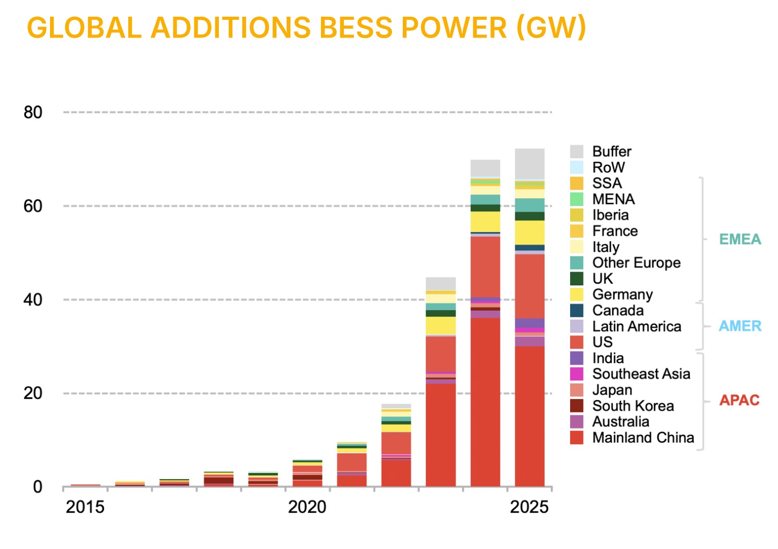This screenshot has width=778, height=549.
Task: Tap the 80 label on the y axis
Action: [x=33, y=112]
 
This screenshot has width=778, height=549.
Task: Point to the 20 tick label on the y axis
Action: [x=33, y=393]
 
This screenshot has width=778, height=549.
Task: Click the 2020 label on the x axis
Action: [x=307, y=507]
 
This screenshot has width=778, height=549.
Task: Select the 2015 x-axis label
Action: [x=85, y=507]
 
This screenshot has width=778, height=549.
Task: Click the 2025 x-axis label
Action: [x=529, y=507]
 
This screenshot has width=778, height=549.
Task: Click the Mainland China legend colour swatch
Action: [x=576, y=437]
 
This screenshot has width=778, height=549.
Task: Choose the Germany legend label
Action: [x=622, y=295]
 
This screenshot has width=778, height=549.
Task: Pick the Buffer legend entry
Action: [x=612, y=152]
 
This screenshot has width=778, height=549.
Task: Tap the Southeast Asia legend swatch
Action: [x=576, y=374]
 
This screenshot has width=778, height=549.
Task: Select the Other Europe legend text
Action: [x=636, y=263]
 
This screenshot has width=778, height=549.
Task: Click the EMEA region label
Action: [x=740, y=239]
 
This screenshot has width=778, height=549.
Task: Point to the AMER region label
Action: [x=740, y=326]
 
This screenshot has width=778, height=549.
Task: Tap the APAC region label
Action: [x=739, y=400]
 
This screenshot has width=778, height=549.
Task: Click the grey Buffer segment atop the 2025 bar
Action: [x=529, y=164]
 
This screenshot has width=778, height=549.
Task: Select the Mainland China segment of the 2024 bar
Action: [x=485, y=401]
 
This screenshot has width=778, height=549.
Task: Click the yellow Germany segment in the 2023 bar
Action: [x=440, y=325]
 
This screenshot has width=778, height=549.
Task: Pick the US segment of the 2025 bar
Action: [x=529, y=286]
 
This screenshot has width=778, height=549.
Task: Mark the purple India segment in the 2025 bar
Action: [x=529, y=323]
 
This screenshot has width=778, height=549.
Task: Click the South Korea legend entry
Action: [x=633, y=406]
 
